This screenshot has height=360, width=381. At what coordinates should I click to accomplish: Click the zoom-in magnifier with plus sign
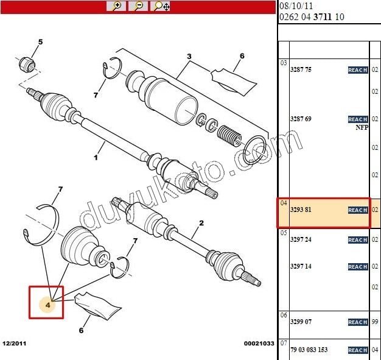pyautogui.click(x=116, y=6)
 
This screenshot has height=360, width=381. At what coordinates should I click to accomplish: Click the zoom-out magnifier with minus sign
pyautogui.click(x=139, y=6)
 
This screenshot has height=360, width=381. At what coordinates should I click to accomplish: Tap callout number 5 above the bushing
pyautogui.click(x=41, y=42)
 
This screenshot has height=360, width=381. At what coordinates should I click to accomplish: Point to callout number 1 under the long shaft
pyautogui.click(x=96, y=158)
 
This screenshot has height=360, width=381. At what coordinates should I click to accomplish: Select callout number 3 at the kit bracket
pyautogui.click(x=189, y=56)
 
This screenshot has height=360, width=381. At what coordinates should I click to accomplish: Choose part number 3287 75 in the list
pyautogui.click(x=301, y=70)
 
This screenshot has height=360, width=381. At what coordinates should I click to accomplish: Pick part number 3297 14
pyautogui.click(x=301, y=267)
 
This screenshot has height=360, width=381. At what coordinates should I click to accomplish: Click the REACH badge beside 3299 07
pyautogui.click(x=357, y=322)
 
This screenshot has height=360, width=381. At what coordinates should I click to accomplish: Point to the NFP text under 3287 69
pyautogui.click(x=362, y=128)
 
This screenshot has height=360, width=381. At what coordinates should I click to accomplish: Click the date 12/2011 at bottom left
pyautogui.click(x=14, y=344)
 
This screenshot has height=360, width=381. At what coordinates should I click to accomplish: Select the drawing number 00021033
pyautogui.click(x=258, y=344)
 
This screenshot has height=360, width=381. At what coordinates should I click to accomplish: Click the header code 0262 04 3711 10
pyautogui.click(x=311, y=17)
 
